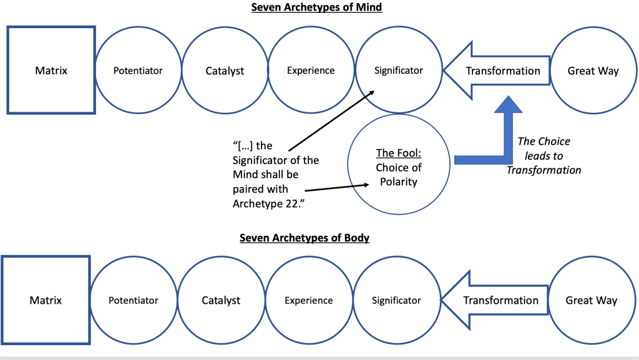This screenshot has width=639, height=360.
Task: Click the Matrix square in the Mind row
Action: [51, 71]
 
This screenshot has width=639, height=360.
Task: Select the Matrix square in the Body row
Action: [46, 300]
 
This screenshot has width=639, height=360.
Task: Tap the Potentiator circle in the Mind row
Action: [138, 71]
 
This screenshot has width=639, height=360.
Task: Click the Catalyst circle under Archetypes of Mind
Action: [225, 71]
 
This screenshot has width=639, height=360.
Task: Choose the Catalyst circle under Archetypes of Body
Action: [221, 300]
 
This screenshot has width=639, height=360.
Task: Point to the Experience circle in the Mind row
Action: [311, 71]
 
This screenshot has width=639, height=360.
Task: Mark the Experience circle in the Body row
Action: [308, 300]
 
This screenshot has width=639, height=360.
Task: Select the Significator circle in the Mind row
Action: [398, 71]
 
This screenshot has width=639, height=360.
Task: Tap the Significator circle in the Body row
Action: [396, 300]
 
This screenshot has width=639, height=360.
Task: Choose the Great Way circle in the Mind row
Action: [593, 71]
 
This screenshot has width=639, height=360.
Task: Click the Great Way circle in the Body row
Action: [591, 300]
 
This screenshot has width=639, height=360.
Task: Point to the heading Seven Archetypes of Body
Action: [305, 238]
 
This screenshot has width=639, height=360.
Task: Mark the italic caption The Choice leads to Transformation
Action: [544, 155]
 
